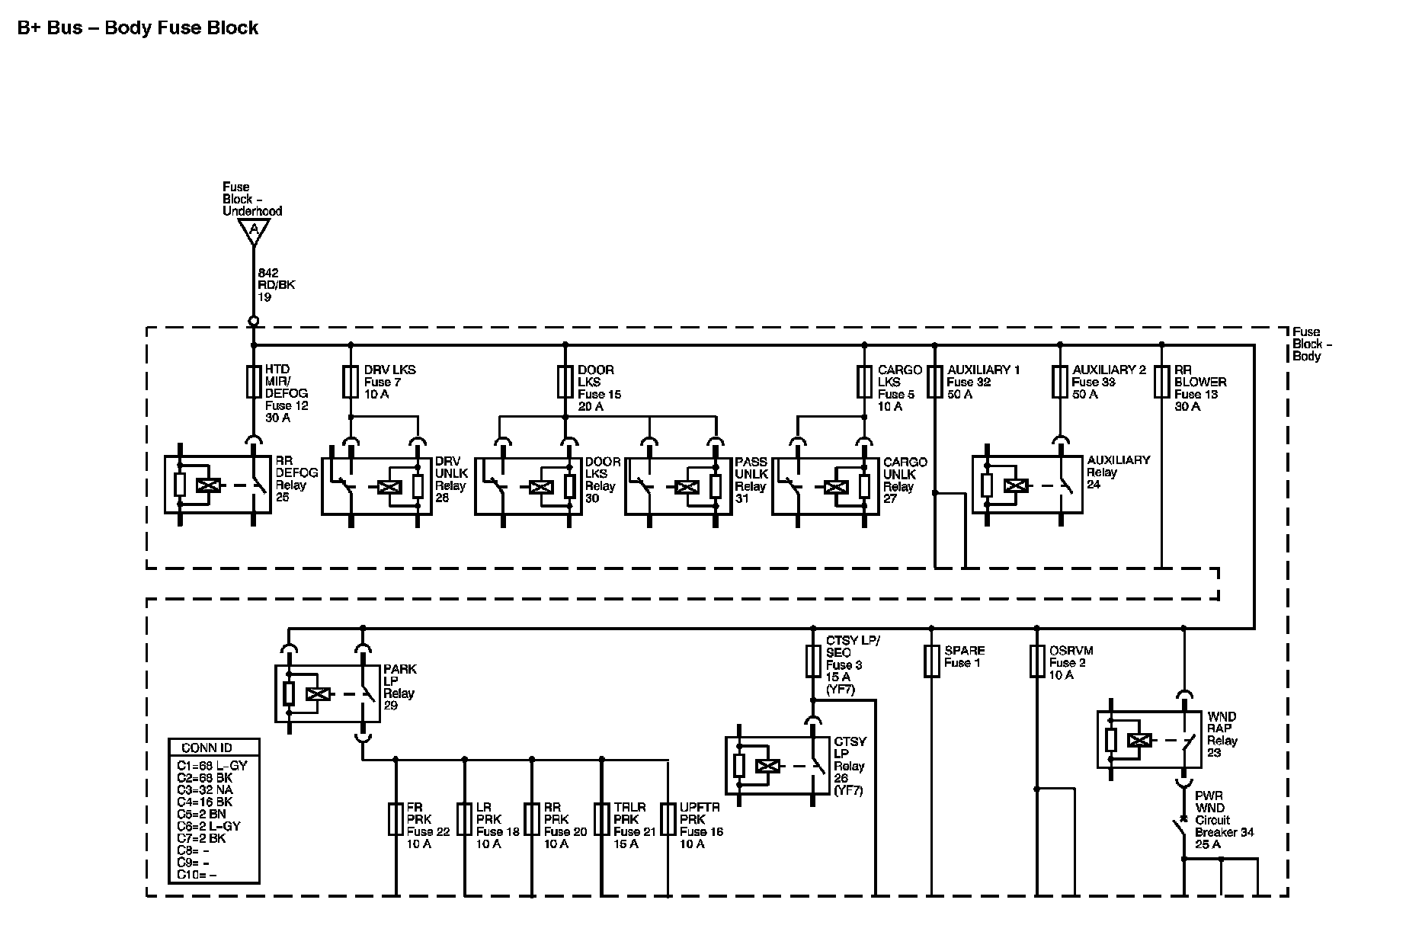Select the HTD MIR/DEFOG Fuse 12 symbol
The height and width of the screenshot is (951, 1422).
point(254,382)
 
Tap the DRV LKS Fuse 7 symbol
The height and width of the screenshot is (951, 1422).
point(351,382)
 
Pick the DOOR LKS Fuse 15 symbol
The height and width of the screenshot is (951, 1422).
point(565,382)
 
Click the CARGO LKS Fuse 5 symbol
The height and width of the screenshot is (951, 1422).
point(864,382)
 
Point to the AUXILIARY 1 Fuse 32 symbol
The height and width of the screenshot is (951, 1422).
point(935,382)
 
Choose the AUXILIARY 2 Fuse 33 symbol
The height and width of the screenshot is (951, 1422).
point(1060,382)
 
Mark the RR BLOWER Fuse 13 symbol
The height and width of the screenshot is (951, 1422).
point(1161,382)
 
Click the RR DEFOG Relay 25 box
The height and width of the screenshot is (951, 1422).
point(218,485)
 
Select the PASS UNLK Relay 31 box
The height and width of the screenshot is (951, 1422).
point(678,486)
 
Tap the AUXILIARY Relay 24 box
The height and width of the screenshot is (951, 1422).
point(1026,485)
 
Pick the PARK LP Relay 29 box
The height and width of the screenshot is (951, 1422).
point(328,693)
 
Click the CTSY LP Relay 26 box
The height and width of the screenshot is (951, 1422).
point(778,766)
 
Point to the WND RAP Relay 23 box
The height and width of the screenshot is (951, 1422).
point(1149,739)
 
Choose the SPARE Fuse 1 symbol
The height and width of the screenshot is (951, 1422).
point(931,661)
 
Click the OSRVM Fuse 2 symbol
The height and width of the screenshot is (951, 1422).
point(1037,661)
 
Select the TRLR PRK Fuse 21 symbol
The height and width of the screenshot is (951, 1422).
point(602,819)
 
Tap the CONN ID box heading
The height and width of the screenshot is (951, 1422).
point(207,748)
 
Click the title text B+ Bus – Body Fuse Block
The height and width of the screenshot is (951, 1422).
point(138,28)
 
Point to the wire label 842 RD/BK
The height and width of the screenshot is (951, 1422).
point(276,284)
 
